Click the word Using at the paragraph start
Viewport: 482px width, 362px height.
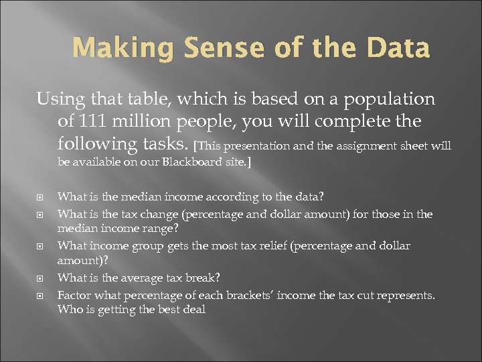coord(60,100)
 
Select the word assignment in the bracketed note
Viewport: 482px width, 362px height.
coord(380,146)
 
